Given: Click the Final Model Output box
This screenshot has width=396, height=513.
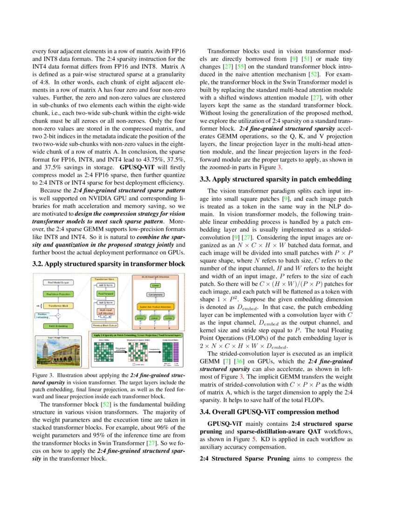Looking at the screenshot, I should click(x=56, y=283).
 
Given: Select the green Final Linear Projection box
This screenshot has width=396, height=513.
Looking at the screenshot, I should click(x=56, y=294).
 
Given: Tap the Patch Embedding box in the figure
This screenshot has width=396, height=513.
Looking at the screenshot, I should click(x=56, y=326).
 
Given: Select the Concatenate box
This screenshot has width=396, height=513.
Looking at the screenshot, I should click(x=155, y=295).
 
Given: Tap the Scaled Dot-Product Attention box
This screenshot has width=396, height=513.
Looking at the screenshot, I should click(x=155, y=306).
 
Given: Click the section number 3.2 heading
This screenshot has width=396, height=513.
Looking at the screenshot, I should click(x=38, y=263).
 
